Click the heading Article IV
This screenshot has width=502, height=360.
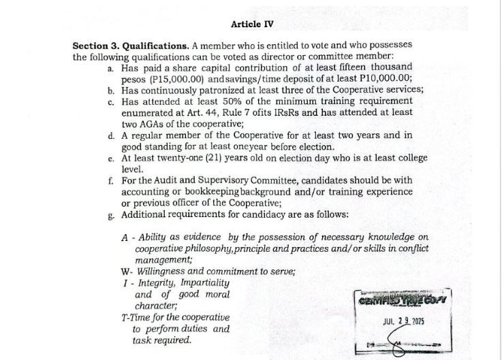[x=252, y=24]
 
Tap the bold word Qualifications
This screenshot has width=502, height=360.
[x=146, y=46]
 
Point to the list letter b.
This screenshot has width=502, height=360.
[x=111, y=90]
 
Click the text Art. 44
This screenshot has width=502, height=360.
[x=195, y=112]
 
